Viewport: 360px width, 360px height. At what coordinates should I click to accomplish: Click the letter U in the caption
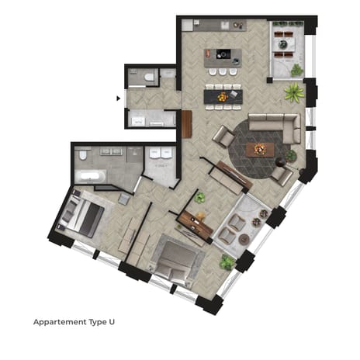(x=121, y=320)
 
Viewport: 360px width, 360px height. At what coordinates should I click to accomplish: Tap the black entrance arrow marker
(x=118, y=99)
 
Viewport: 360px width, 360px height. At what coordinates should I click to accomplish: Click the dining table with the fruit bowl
(x=223, y=97)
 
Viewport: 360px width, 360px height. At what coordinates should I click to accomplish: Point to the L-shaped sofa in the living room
(x=275, y=126)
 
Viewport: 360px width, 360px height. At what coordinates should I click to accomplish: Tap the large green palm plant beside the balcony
(x=294, y=94)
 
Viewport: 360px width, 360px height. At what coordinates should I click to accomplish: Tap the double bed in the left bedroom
(x=80, y=215)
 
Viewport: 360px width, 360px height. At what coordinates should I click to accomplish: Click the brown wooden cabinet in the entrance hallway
(x=186, y=124)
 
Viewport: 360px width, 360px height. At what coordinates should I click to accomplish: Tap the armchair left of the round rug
(x=223, y=138)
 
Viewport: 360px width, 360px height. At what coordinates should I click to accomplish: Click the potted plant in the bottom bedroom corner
(x=227, y=262)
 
